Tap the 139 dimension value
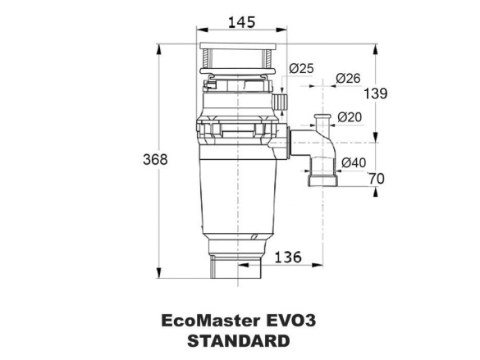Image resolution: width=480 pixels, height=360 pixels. [x=375, y=93]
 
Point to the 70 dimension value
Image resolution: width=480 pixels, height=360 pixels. [x=376, y=178]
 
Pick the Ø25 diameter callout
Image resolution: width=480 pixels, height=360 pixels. [x=301, y=69]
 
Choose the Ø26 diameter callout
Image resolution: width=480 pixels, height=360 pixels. [x=348, y=78]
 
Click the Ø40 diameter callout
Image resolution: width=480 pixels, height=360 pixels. [x=354, y=162]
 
